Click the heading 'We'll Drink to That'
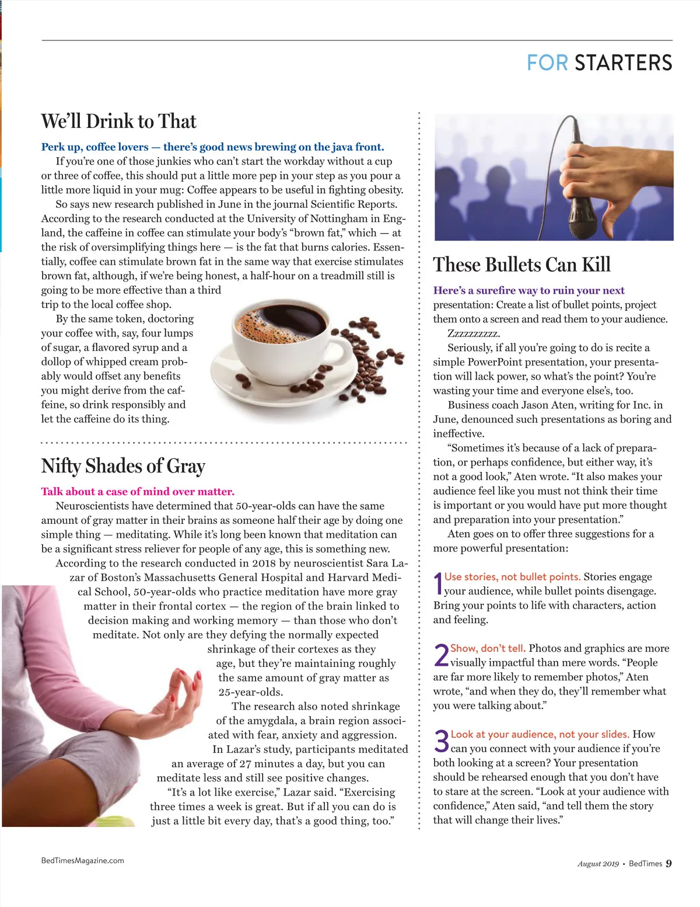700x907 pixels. pyautogui.click(x=119, y=121)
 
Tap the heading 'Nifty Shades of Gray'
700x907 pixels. pyautogui.click(x=123, y=466)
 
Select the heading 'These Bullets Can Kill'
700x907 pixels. pyautogui.click(x=521, y=265)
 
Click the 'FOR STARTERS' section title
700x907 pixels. pyautogui.click(x=599, y=63)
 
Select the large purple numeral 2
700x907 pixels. pyautogui.click(x=442, y=655)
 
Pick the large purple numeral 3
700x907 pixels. pyautogui.click(x=442, y=742)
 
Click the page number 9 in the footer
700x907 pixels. pyautogui.click(x=668, y=863)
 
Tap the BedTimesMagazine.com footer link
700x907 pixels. pyautogui.click(x=83, y=860)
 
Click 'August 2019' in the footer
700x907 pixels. pyautogui.click(x=598, y=864)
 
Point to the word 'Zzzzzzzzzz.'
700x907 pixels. pyautogui.click(x=473, y=333)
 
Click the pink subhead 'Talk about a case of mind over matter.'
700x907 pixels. pyautogui.click(x=138, y=492)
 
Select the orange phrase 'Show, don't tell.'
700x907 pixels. pyautogui.click(x=488, y=648)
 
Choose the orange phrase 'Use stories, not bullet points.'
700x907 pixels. pyautogui.click(x=512, y=577)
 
